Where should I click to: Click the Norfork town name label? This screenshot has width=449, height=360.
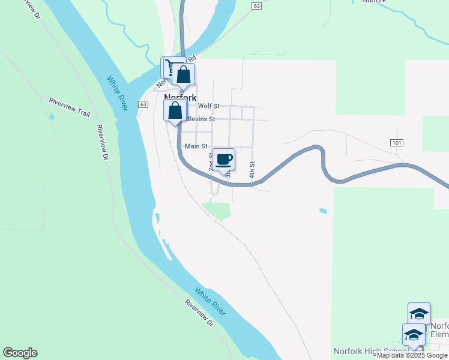click(180, 98)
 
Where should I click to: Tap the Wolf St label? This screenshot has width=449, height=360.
click(208, 106)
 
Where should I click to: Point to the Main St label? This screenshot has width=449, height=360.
click(196, 146)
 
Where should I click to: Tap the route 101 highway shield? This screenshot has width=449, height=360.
click(396, 142)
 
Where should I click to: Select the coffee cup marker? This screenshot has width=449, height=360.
click(224, 160)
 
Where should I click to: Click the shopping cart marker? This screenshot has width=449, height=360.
click(170, 66)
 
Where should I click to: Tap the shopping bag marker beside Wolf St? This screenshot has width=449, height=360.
click(175, 111)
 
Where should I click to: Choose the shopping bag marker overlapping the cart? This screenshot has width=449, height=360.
click(184, 74)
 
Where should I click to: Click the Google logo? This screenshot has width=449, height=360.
click(20, 353)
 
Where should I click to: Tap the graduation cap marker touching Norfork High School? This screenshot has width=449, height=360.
click(414, 335)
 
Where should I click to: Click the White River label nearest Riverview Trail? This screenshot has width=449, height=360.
click(118, 93)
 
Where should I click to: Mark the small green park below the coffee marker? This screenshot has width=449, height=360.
click(217, 211)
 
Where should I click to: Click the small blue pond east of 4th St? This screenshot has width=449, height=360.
click(324, 211)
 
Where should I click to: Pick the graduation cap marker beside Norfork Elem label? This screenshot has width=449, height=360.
click(419, 314)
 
